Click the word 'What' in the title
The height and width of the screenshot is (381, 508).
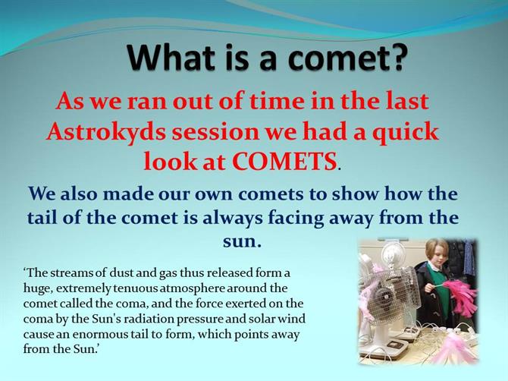(x=171, y=58)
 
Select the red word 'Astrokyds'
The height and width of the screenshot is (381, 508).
(x=105, y=133)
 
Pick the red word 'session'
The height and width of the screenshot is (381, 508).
(x=216, y=133)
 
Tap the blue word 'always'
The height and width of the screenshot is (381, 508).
(x=233, y=219)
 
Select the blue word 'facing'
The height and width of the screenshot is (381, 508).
(x=296, y=219)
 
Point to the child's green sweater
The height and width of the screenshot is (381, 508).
(x=439, y=285)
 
